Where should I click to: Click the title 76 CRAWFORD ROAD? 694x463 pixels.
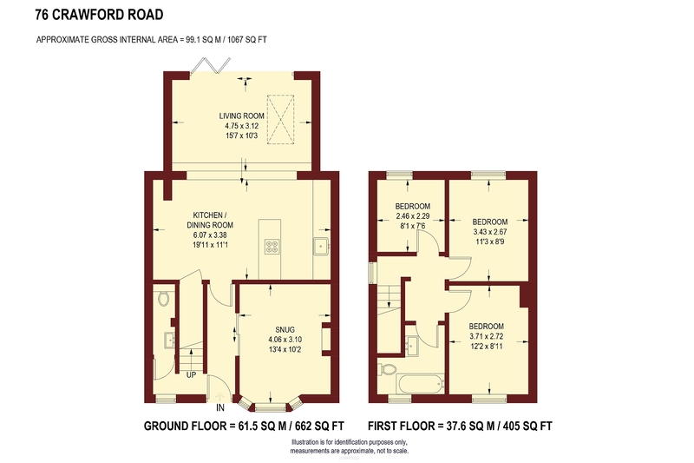click(99, 15)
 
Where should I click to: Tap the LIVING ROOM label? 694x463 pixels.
click(242, 116)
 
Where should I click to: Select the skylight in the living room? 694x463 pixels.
click(280, 119)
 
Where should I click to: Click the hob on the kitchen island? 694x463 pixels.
click(272, 247)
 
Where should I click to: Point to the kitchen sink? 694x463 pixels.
click(321, 247)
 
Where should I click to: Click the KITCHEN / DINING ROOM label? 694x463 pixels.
click(210, 220)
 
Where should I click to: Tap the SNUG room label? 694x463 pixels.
click(285, 329)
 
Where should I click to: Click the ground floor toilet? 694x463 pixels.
click(163, 298)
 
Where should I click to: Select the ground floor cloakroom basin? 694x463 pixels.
click(169, 341)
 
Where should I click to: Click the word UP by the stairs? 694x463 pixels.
click(191, 375)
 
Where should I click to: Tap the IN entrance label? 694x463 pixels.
click(220, 408)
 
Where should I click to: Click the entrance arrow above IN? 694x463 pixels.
click(220, 395)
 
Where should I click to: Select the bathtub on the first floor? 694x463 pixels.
click(421, 384)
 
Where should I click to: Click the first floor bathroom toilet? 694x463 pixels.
click(387, 368)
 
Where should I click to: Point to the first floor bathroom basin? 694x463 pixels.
click(413, 344)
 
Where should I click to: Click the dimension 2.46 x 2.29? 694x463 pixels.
click(413, 216)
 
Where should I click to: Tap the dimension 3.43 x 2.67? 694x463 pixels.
click(490, 232)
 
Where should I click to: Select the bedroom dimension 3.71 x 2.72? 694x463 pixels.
click(487, 337)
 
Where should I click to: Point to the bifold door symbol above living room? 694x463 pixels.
click(211, 65)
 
